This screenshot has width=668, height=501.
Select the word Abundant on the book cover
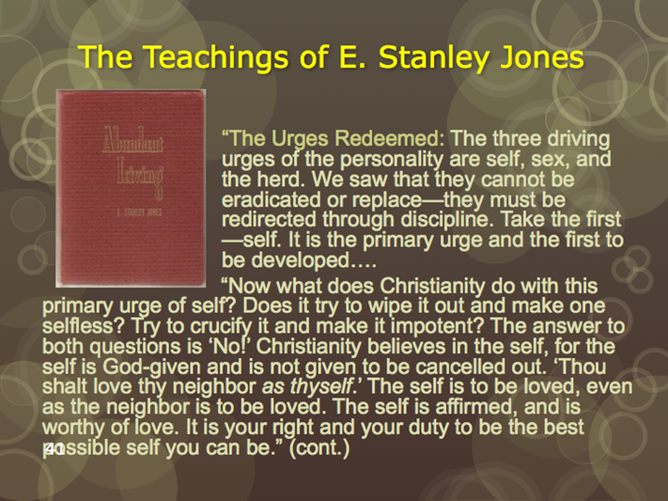click(132, 138)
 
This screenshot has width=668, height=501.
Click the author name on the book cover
click(139, 211)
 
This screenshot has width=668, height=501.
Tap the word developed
click(300, 261)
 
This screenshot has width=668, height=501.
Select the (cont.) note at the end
click(319, 448)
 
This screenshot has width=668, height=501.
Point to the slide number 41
click(54, 448)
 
